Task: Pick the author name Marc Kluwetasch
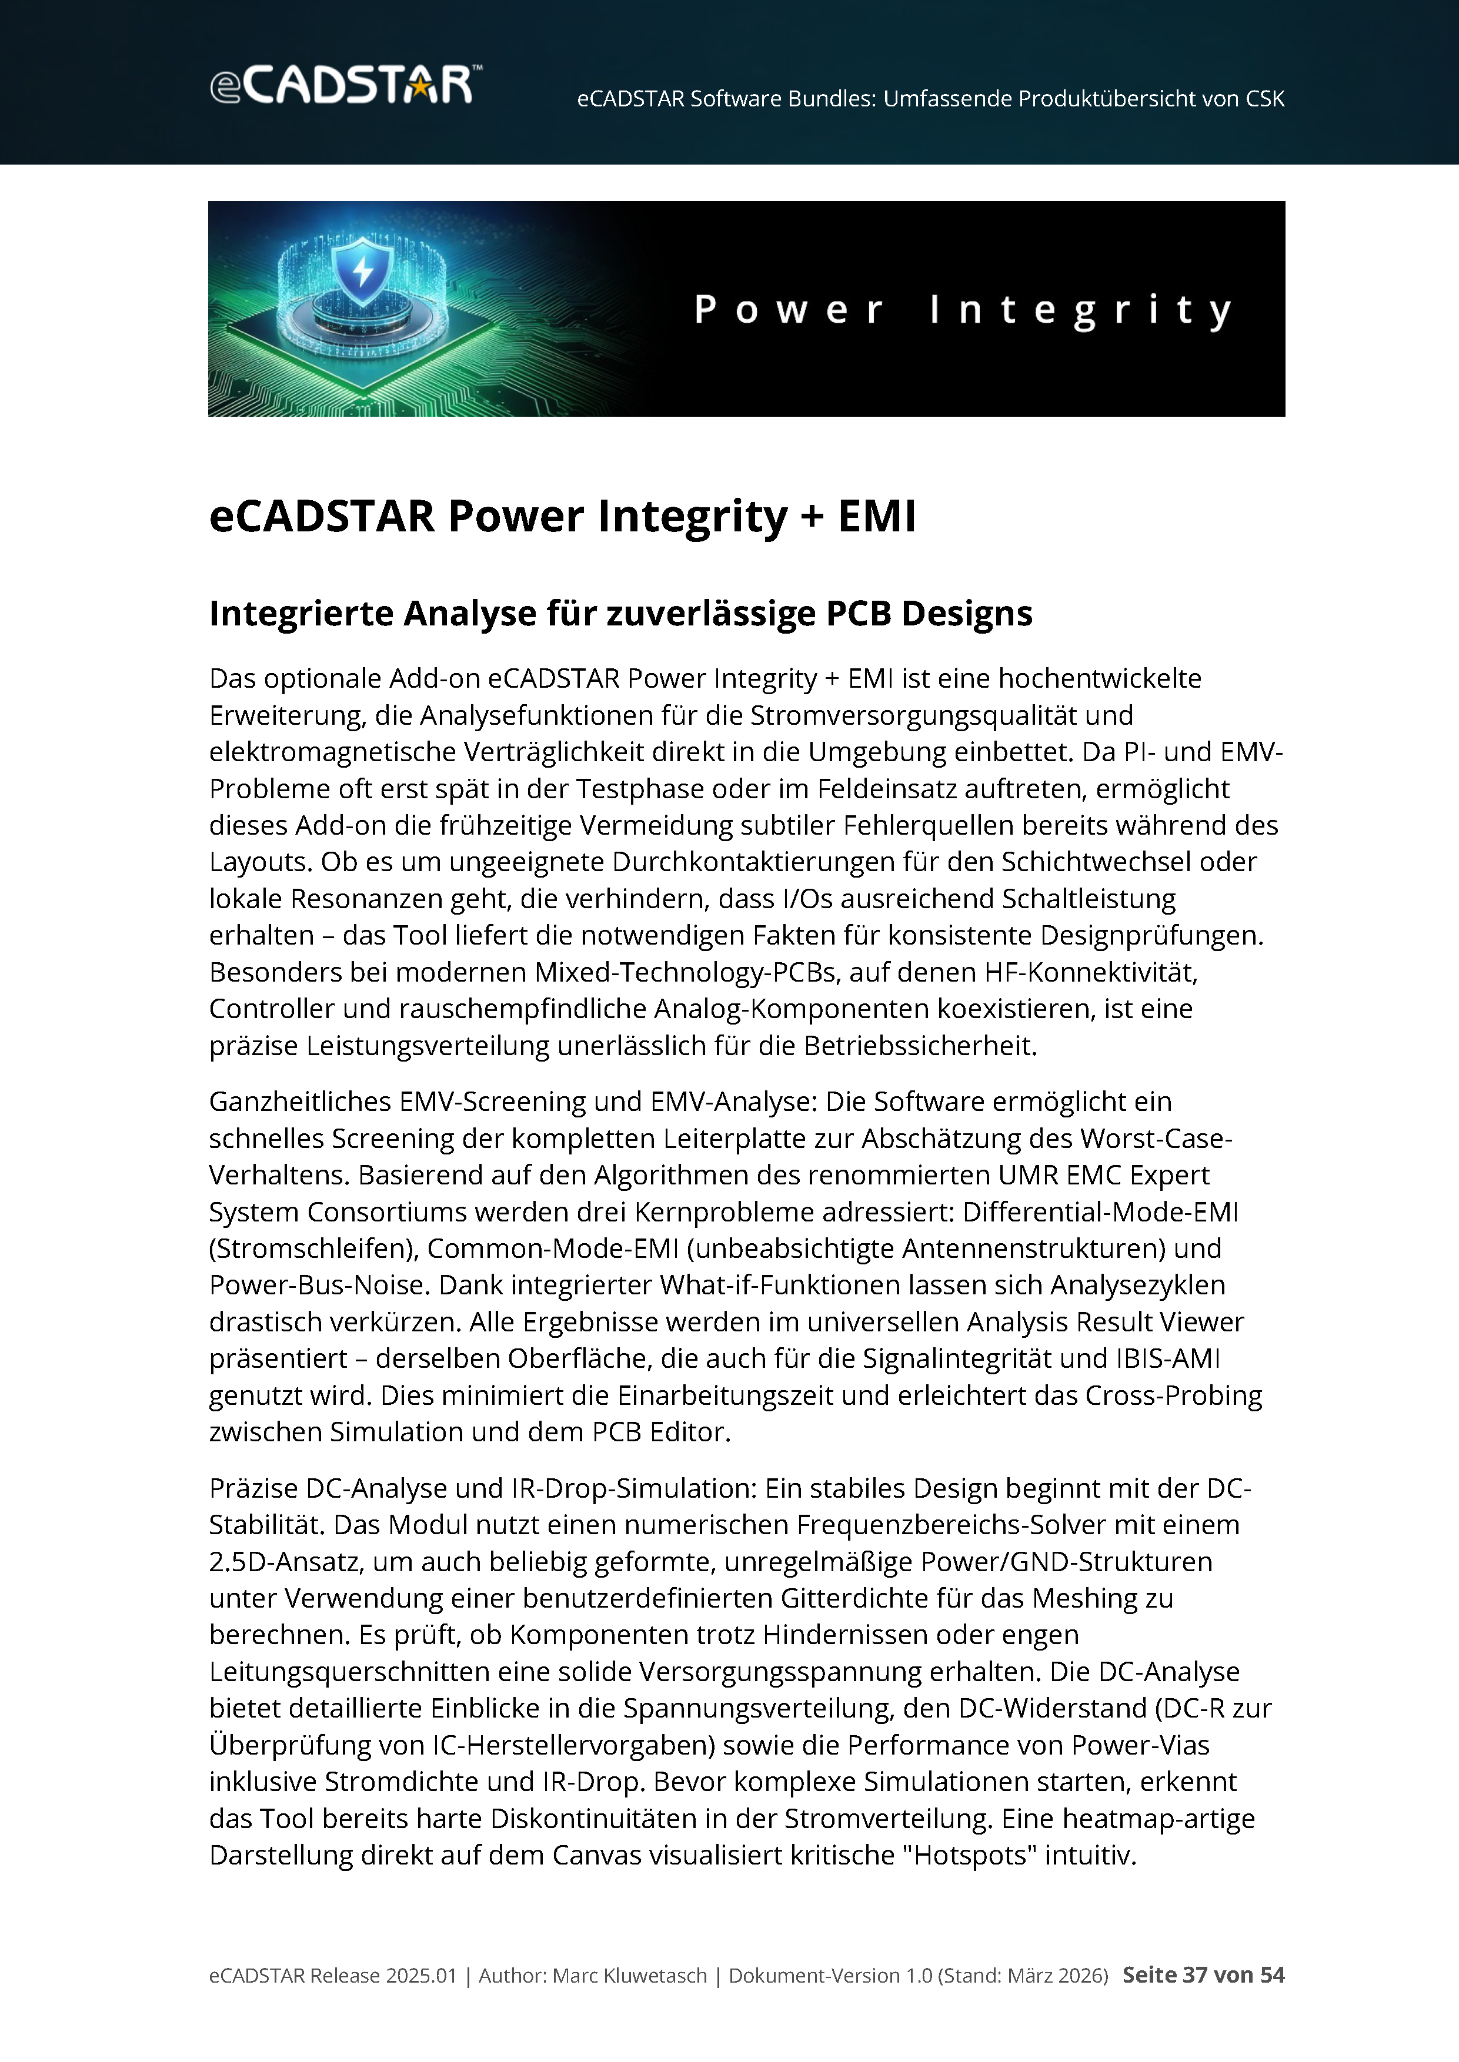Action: pyautogui.click(x=629, y=1976)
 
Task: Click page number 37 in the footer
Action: pyautogui.click(x=1195, y=1976)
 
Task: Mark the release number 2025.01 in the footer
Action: pyautogui.click(x=421, y=1976)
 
